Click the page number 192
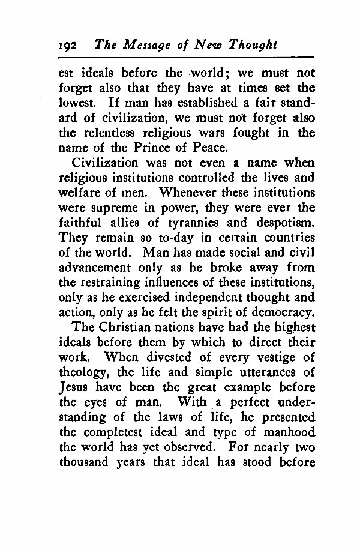[70, 46]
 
